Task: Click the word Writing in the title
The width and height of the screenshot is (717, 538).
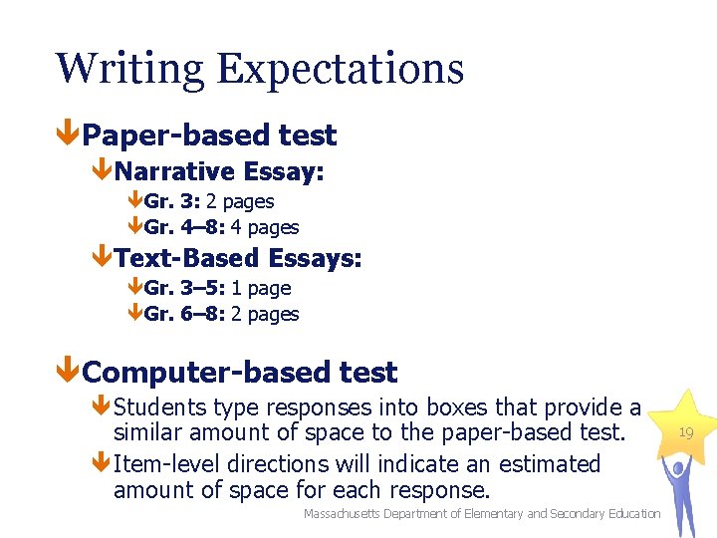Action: [129, 70]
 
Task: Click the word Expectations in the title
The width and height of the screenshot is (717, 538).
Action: [340, 70]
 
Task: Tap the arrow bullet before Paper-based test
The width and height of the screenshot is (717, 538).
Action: [67, 134]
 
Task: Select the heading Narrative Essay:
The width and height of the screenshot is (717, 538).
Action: [219, 171]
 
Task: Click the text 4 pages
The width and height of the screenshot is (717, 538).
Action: [265, 227]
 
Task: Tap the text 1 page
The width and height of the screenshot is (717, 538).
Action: [261, 288]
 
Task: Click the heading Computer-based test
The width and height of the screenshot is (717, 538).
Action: [239, 373]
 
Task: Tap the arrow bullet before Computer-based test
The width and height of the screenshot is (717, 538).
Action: [67, 373]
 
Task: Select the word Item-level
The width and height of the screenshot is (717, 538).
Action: [169, 464]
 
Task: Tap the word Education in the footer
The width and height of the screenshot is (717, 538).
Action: [630, 513]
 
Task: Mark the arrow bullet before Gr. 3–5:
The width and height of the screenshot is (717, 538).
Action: [134, 288]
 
